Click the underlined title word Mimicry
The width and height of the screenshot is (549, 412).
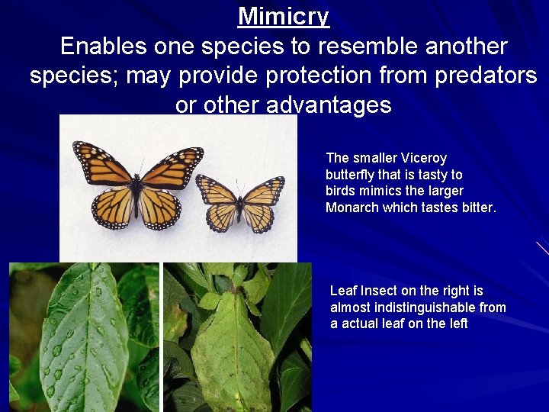point(283,16)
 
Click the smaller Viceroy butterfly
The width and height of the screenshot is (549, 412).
point(240,203)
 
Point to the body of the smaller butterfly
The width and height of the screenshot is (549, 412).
point(240,204)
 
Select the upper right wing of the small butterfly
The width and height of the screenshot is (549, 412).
point(263,190)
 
